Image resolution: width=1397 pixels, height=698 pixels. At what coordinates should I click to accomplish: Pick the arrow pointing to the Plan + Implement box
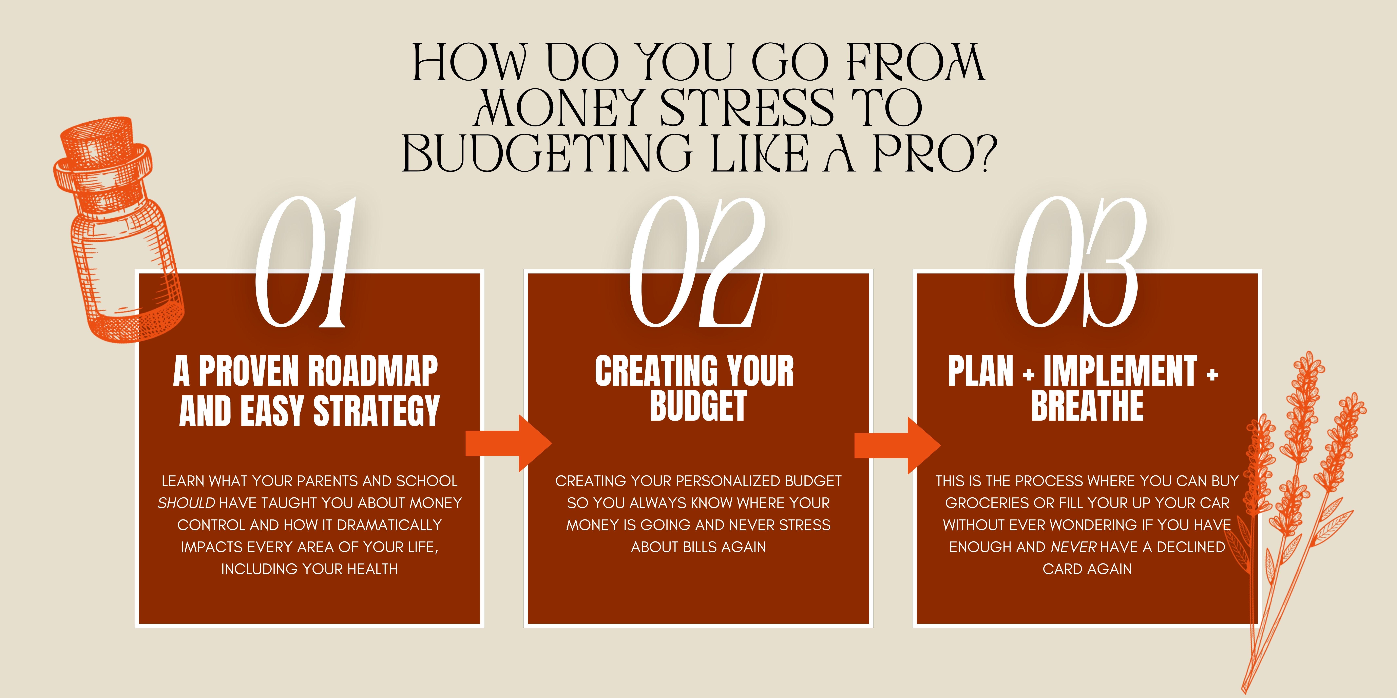pos(898,446)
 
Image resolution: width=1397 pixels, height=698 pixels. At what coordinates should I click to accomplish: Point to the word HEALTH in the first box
pos(372,569)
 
